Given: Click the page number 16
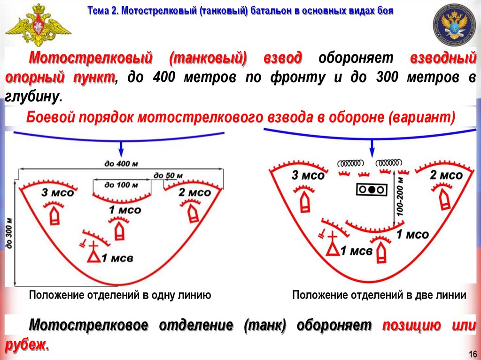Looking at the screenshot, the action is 472,353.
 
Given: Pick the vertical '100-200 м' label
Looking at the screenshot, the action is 400,197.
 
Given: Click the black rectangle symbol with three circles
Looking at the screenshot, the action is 371,189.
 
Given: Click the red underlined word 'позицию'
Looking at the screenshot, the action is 412,325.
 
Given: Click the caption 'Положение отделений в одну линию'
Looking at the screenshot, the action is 120,295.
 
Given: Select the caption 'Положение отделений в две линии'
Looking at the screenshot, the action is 379,295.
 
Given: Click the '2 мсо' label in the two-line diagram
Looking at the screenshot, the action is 446,176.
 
